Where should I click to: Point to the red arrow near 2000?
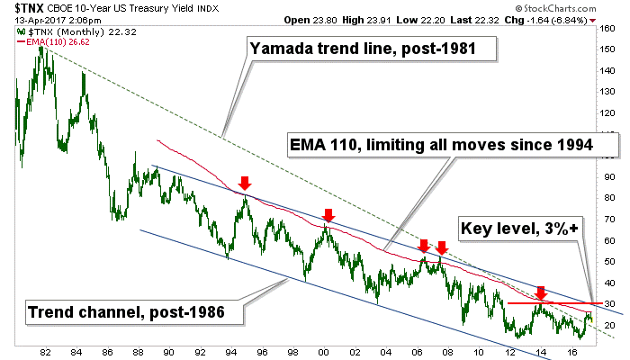click(328, 216)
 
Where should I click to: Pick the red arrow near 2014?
click(540, 292)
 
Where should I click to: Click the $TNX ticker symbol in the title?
click(28, 9)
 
